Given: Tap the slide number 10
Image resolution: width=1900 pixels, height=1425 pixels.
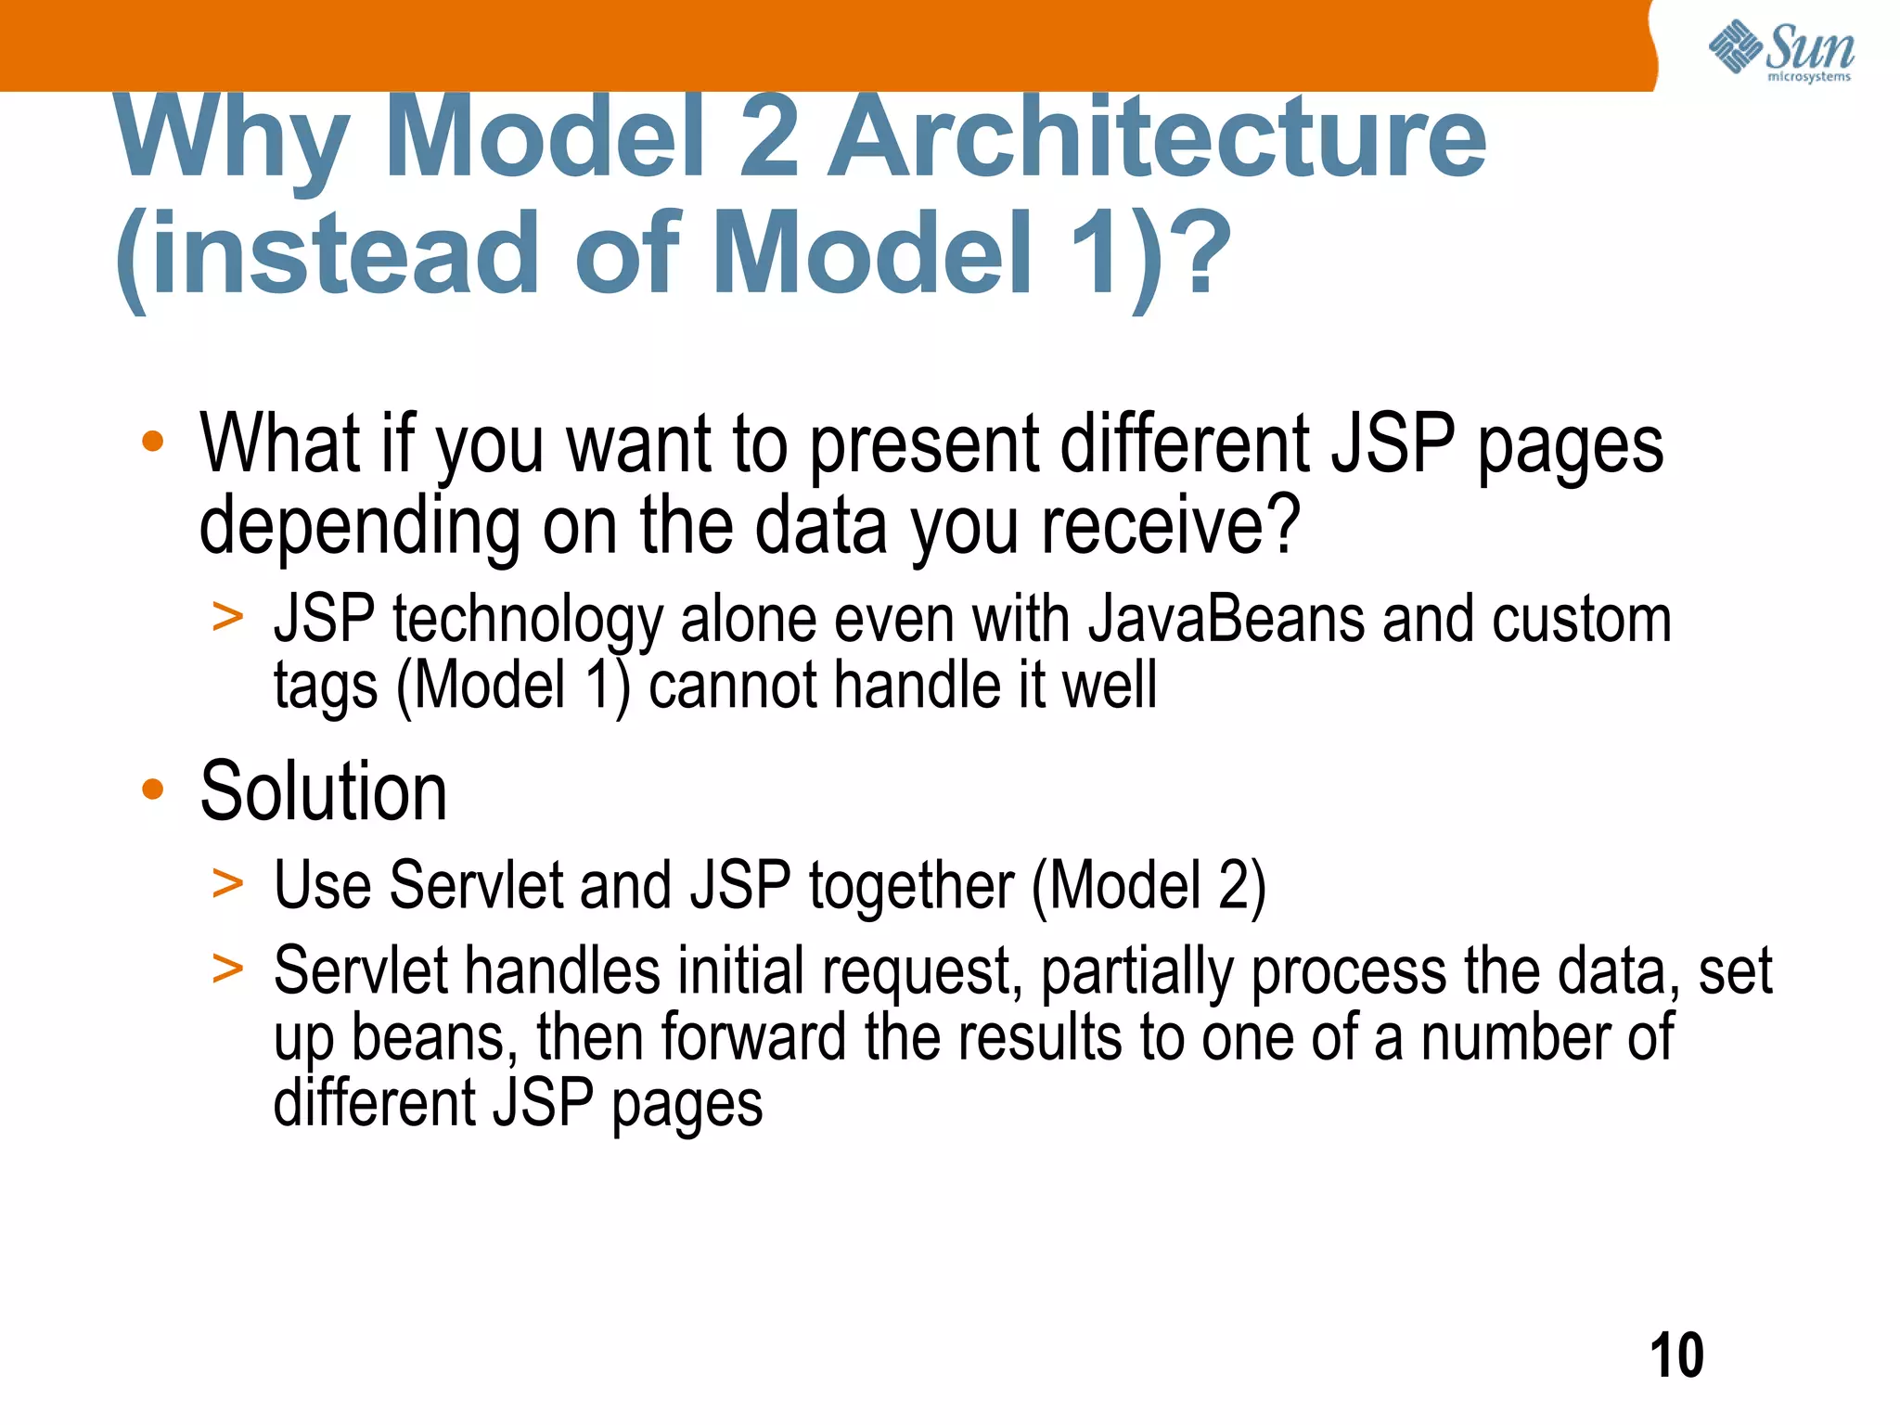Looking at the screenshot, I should (1676, 1355).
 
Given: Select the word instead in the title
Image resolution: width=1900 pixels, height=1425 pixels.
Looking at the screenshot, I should (345, 252).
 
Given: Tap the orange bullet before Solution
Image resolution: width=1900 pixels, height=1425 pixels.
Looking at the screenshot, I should (153, 790).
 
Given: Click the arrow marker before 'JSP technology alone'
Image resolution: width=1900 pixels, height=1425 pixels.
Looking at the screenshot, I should (227, 618).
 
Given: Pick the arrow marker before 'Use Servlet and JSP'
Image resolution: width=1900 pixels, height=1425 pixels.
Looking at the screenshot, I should (227, 883).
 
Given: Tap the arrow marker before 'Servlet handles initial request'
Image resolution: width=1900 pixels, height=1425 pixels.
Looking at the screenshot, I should (227, 969).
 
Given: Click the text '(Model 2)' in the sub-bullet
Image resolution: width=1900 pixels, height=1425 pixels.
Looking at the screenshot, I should (1149, 885).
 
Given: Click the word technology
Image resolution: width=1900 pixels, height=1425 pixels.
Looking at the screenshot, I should (527, 622).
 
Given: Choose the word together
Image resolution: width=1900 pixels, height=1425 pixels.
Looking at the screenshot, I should (911, 887).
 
